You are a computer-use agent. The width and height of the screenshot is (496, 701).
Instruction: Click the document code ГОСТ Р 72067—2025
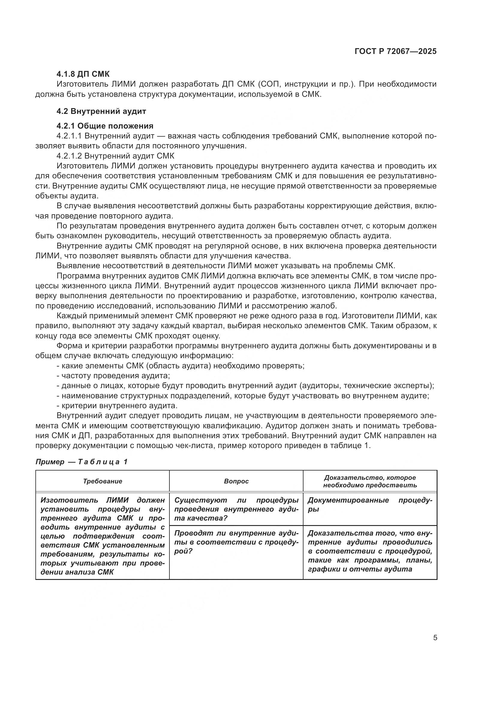396,51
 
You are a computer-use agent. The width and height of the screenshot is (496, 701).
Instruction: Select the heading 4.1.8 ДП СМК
83,74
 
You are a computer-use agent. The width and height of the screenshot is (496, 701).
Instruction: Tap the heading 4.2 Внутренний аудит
101,111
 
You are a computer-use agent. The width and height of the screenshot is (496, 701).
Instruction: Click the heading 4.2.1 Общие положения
105,126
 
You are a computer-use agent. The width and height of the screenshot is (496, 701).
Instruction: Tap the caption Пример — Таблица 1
82,462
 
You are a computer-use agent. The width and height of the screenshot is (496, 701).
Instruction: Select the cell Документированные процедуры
370,504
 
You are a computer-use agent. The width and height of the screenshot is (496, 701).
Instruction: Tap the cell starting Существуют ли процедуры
236,509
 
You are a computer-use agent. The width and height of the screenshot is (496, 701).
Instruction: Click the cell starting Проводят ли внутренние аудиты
236,542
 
